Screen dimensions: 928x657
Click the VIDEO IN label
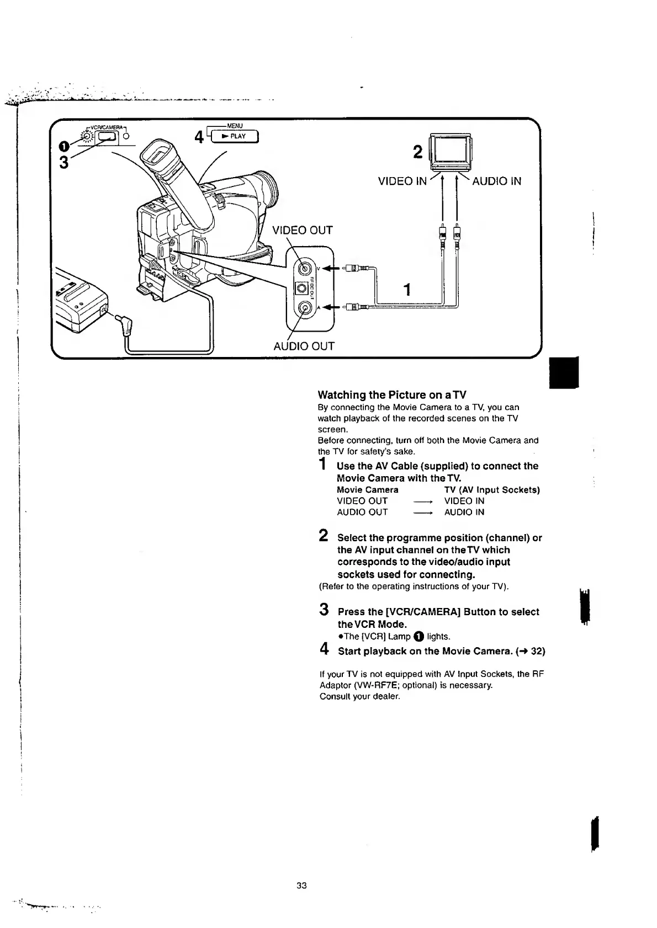tap(402, 181)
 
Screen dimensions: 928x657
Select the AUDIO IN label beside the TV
tap(496, 181)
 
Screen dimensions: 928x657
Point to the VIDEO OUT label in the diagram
tap(303, 230)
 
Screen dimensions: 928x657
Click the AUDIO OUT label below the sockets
tap(304, 346)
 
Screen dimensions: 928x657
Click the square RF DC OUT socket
tap(301, 289)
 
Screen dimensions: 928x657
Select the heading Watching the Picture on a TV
tap(392, 395)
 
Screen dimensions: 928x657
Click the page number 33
tap(301, 886)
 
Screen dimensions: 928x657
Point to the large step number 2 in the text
tap(325, 536)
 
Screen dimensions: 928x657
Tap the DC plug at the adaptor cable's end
tap(127, 328)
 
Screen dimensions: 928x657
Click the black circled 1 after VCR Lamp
tap(418, 637)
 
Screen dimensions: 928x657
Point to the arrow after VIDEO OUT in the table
tap(422, 502)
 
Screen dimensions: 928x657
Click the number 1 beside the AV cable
tap(407, 289)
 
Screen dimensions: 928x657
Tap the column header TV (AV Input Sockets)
tap(492, 490)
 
